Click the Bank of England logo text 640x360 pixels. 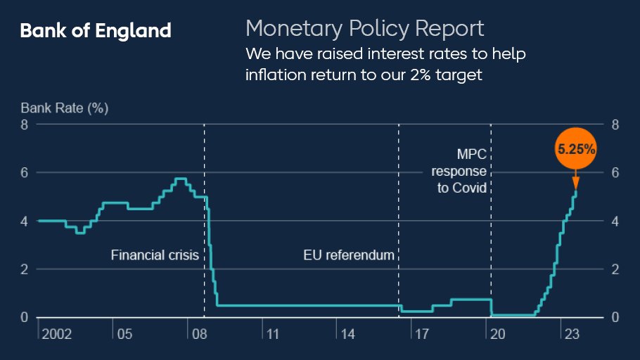(x=96, y=31)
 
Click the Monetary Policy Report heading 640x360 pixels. (x=364, y=29)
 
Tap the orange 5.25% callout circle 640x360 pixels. (x=577, y=149)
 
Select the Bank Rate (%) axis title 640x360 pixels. (x=65, y=108)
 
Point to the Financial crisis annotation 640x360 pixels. (x=154, y=255)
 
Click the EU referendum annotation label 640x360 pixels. (x=349, y=255)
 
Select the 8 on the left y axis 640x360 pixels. (x=25, y=125)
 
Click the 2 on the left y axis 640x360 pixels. (x=25, y=269)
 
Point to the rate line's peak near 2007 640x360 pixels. (x=181, y=179)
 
